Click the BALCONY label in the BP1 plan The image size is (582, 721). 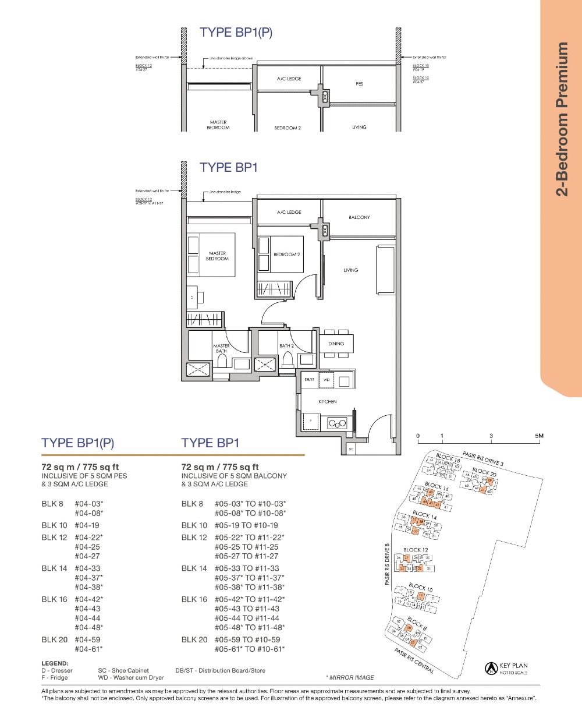(x=359, y=217)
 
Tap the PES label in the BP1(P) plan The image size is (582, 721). (x=359, y=84)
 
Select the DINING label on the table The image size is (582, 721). (x=336, y=344)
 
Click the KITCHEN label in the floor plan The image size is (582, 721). (x=327, y=401)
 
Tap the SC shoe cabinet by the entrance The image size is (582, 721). (x=351, y=449)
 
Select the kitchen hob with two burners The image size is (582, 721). (x=338, y=423)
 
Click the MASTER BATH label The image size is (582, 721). (x=222, y=348)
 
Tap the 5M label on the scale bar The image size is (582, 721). (x=539, y=436)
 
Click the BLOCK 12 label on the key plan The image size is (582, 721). (x=416, y=549)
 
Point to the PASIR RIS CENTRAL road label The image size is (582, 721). (x=414, y=661)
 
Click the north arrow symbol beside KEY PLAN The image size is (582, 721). (x=491, y=669)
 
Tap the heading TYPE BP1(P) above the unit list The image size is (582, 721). (x=78, y=443)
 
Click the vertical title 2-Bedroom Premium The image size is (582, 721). (x=561, y=119)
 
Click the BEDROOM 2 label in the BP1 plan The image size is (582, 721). (x=286, y=255)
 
